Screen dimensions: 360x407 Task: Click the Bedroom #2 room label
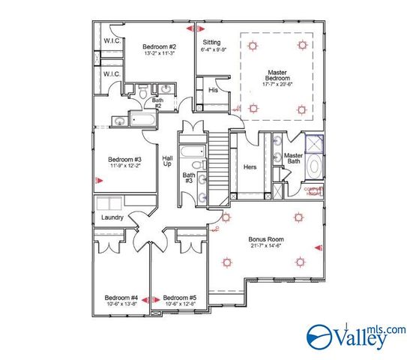159,46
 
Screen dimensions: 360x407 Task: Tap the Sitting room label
212,43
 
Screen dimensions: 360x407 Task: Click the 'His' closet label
213,90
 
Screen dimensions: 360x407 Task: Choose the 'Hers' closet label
250,166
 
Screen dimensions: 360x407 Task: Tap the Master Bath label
293,159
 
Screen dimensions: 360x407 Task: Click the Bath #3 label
189,178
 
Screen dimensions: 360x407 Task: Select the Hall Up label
168,161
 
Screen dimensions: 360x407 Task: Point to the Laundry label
112,218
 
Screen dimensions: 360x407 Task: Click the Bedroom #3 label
125,159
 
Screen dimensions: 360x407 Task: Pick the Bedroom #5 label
180,298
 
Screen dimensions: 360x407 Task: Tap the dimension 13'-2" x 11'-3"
159,53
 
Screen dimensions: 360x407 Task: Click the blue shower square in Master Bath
313,142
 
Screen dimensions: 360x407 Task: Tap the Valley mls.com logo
356,336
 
